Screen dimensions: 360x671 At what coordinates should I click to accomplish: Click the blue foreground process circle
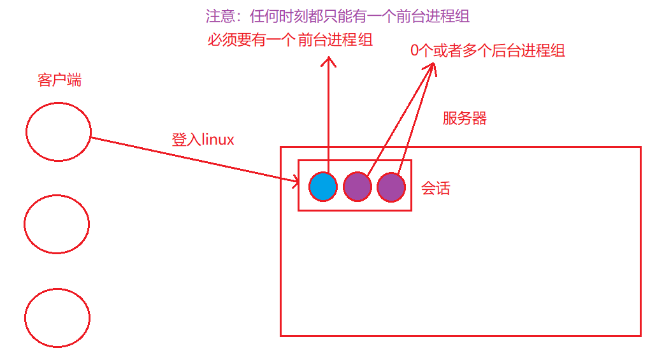[323, 187]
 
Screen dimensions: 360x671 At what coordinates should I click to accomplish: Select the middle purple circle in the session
[357, 187]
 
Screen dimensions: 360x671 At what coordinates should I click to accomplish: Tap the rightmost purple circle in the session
[391, 187]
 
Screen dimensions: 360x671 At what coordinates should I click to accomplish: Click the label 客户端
[60, 81]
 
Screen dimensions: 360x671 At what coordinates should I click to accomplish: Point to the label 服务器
[465, 119]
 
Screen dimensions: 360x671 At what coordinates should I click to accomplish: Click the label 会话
[436, 189]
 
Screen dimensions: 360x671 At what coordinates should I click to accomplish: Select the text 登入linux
[203, 140]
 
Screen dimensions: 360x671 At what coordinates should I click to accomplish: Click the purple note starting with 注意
[337, 17]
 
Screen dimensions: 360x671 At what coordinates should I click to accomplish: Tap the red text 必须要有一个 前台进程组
[290, 41]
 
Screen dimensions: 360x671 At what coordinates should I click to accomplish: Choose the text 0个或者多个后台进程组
[487, 52]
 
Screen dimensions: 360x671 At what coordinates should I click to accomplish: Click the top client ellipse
[59, 131]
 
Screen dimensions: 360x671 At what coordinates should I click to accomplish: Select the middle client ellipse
[57, 224]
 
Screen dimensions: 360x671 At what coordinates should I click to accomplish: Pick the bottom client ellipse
[57, 317]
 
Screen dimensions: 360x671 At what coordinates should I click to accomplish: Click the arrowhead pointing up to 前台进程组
[329, 61]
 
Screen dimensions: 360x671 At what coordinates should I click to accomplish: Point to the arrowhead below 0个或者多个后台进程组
[433, 68]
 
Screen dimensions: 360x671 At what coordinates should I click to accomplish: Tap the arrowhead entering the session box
[296, 182]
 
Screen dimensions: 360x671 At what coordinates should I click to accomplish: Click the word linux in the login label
[218, 140]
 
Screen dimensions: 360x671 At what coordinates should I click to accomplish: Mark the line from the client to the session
[191, 159]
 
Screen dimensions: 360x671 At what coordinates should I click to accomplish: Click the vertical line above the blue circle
[329, 115]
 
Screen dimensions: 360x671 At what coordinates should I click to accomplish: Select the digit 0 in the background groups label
[415, 52]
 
